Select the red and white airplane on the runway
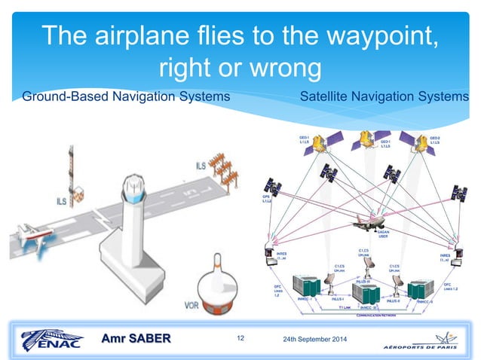[x=27, y=239]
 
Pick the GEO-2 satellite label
[x=434, y=140]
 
